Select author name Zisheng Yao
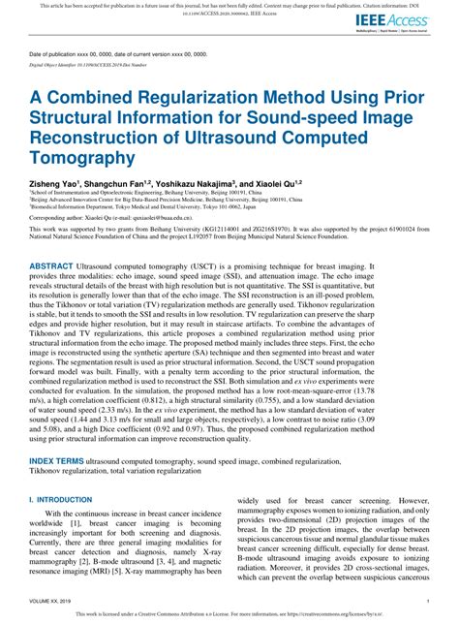coord(54,183)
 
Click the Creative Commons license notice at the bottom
coord(229,613)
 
